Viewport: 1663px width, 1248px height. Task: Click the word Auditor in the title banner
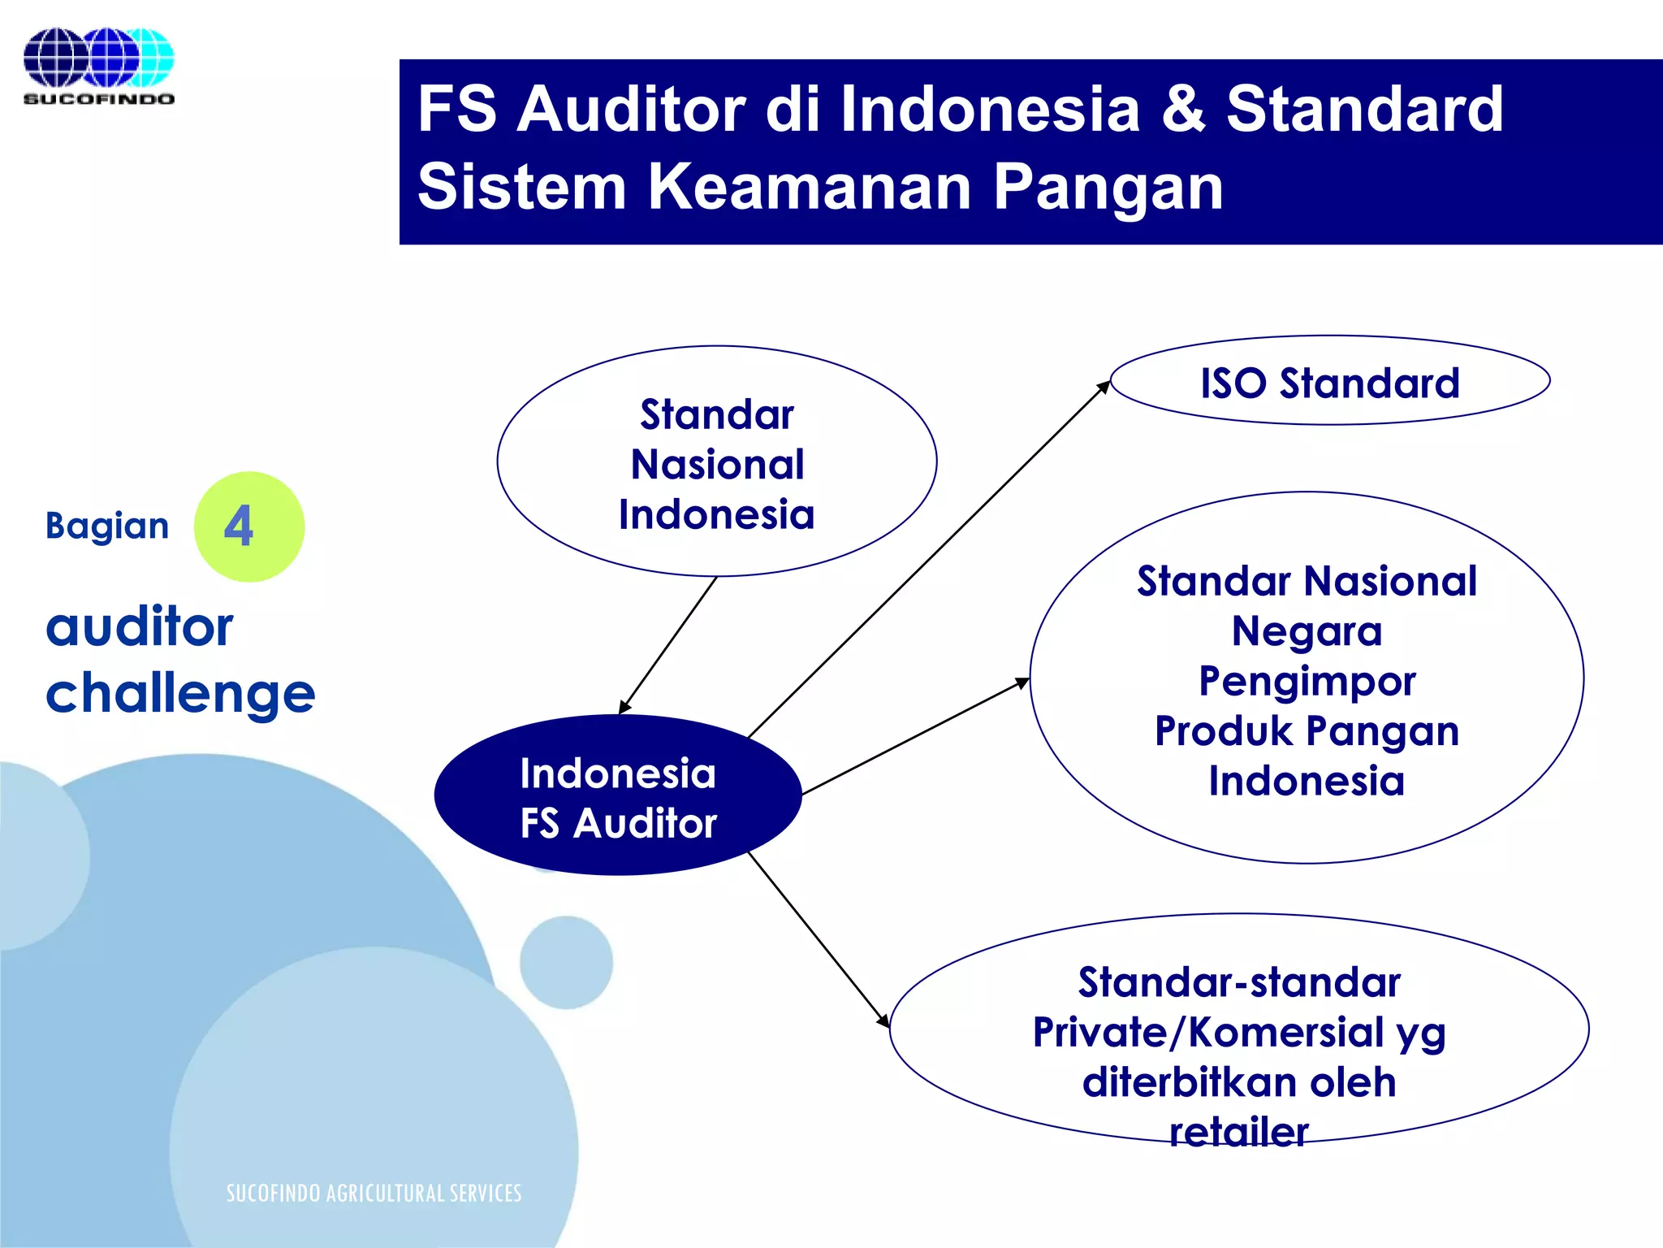point(631,110)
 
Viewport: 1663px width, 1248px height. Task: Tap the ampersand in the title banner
point(1183,110)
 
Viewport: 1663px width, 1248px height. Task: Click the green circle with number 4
point(248,526)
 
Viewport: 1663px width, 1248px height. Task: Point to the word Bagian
point(106,526)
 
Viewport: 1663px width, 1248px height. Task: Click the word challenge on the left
point(179,694)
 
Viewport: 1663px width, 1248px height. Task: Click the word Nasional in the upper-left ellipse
point(717,465)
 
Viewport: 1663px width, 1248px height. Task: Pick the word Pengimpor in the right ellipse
point(1307,681)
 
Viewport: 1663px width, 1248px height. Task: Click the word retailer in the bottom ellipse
point(1238,1132)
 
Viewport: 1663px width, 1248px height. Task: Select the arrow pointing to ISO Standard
point(926,561)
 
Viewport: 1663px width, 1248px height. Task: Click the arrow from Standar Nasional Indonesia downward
point(668,645)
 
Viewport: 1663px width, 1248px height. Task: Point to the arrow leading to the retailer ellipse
point(818,939)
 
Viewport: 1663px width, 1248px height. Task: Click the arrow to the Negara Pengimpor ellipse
point(915,736)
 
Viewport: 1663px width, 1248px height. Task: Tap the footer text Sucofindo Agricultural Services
point(374,1193)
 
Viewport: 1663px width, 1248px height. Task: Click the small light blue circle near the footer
point(566,963)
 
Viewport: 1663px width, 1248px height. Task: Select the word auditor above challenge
point(139,627)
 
